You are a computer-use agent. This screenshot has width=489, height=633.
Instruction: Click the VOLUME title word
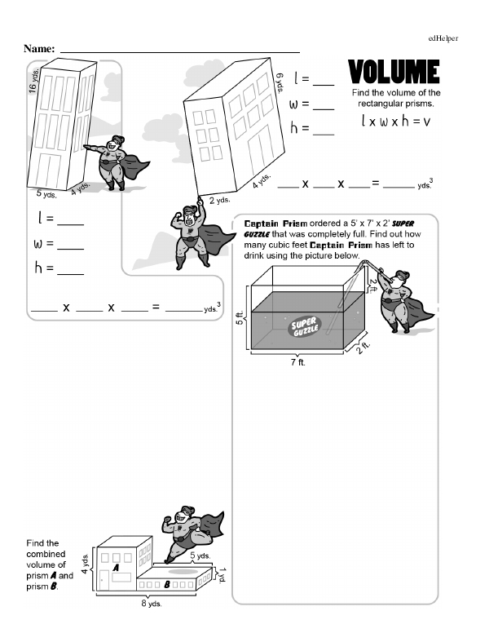[395, 73]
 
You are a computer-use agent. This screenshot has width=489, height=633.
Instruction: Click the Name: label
[39, 50]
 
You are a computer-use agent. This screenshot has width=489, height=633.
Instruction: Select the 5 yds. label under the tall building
[46, 193]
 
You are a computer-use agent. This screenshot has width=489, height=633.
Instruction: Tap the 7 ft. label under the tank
[297, 362]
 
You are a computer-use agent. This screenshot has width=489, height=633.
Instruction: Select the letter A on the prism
[117, 567]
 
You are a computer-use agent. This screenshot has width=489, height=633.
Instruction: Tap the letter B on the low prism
[167, 585]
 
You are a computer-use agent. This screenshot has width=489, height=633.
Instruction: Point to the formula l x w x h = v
[395, 122]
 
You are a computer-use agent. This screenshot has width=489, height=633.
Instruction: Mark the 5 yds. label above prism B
[200, 556]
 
